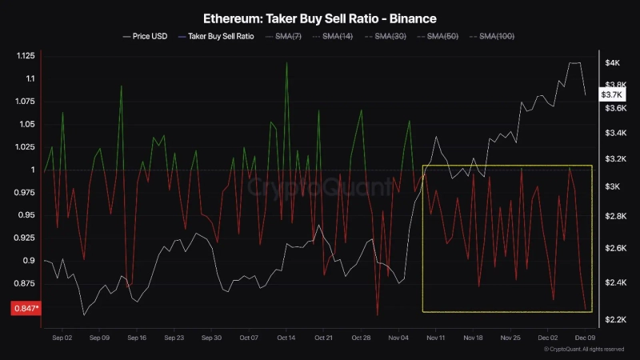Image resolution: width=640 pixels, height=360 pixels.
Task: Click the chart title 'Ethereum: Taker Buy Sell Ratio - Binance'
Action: [319, 17]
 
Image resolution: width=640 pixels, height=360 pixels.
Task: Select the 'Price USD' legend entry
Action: [146, 36]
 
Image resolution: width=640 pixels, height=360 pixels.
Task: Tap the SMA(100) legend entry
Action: [495, 36]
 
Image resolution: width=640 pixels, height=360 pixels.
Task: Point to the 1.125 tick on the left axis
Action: [24, 56]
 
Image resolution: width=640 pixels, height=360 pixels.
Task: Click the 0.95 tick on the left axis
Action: [26, 215]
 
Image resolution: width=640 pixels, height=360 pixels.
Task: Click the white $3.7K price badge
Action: [610, 94]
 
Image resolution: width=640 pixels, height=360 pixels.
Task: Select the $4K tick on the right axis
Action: [613, 62]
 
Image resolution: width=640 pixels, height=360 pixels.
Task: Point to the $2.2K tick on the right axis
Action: [614, 320]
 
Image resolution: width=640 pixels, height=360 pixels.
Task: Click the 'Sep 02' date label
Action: [62, 338]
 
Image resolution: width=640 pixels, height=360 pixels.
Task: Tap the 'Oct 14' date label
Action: [286, 338]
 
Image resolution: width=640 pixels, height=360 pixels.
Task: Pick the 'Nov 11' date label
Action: [436, 338]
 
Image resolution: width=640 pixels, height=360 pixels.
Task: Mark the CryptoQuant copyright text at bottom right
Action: [583, 350]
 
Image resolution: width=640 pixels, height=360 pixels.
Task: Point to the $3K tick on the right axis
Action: [613, 186]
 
